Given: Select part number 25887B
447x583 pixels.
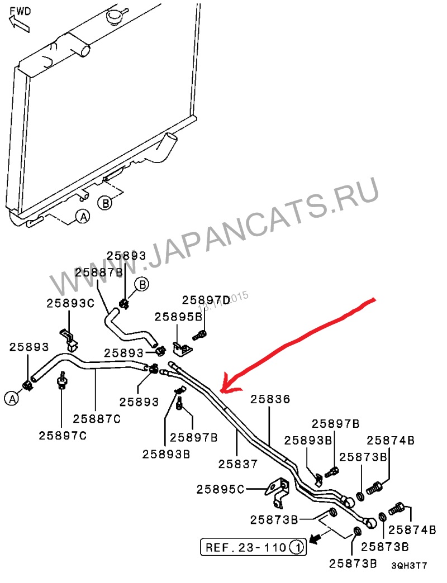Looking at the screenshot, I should coord(99,272).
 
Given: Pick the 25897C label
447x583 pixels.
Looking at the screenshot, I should coord(63,435).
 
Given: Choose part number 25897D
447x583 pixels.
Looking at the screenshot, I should coord(206,299).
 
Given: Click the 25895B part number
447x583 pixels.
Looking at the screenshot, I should coord(178,317).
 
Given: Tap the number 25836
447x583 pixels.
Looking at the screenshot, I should coord(270,399).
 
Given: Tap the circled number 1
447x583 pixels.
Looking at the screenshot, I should coord(297,547).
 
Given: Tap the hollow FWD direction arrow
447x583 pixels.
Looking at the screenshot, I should coord(18,23).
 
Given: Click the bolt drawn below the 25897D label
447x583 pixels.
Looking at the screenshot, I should coord(199,336).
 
